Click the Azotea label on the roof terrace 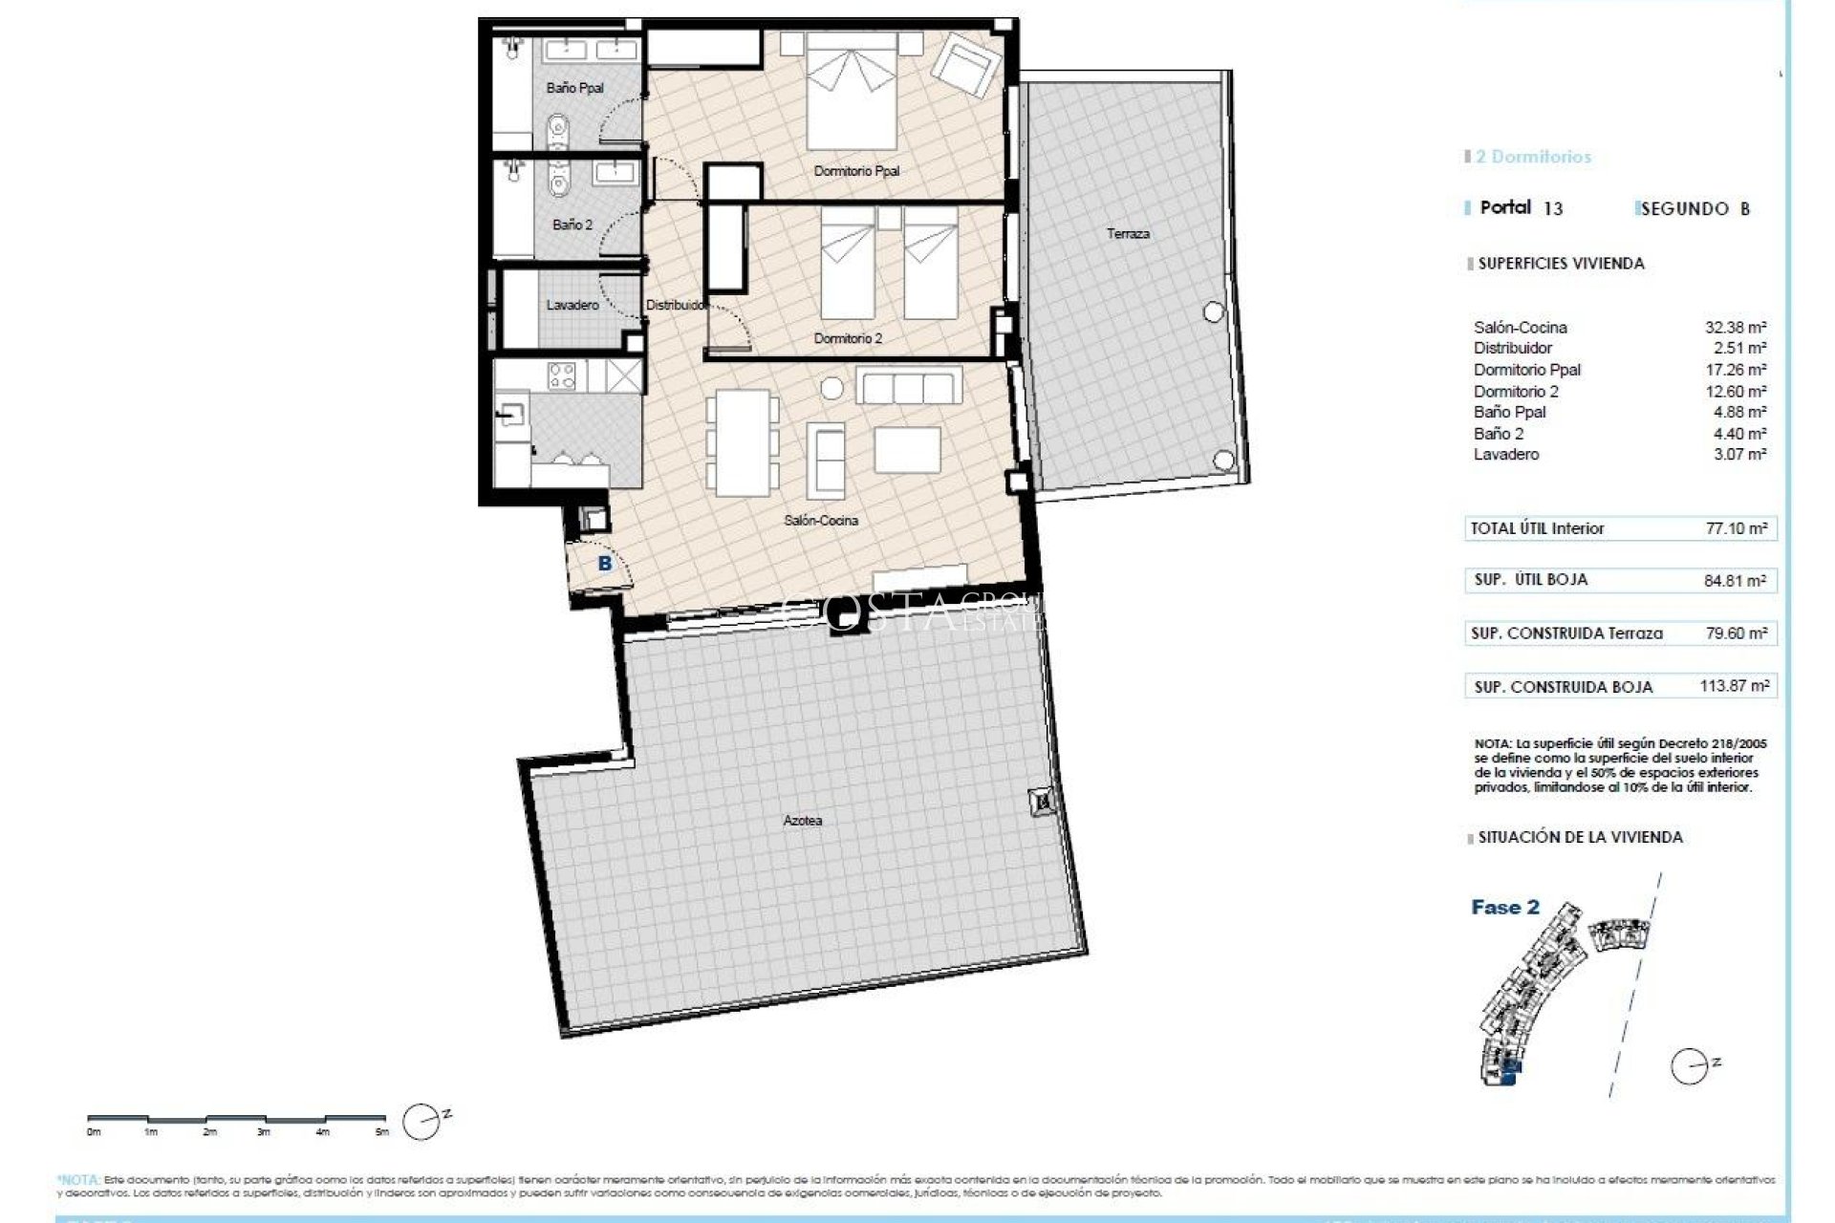[x=802, y=820]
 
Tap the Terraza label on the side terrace [x=1128, y=233]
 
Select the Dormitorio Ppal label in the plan [x=856, y=171]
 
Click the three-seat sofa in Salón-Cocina [x=907, y=388]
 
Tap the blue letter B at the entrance [x=604, y=564]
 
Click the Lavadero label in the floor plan [x=572, y=305]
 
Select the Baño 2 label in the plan [x=572, y=225]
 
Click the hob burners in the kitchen [x=562, y=376]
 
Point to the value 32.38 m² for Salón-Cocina [x=1736, y=328]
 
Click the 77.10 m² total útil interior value [x=1736, y=528]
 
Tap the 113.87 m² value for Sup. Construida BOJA [x=1734, y=686]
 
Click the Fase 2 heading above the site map [x=1505, y=908]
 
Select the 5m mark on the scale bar [x=382, y=1132]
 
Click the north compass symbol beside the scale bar [x=421, y=1120]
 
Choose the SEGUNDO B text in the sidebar [x=1694, y=209]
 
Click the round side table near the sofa [x=832, y=388]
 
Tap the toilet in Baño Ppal [x=560, y=128]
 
